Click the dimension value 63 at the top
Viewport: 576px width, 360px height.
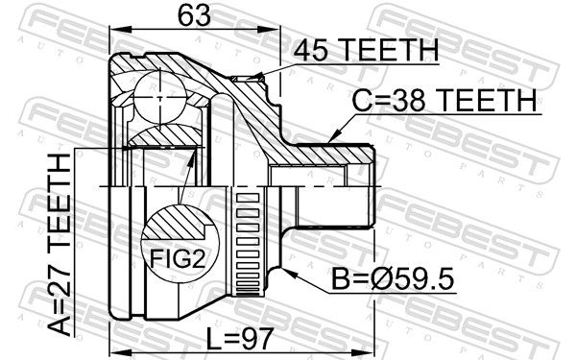pyautogui.click(x=194, y=16)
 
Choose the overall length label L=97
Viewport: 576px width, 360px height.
pyautogui.click(x=240, y=339)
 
